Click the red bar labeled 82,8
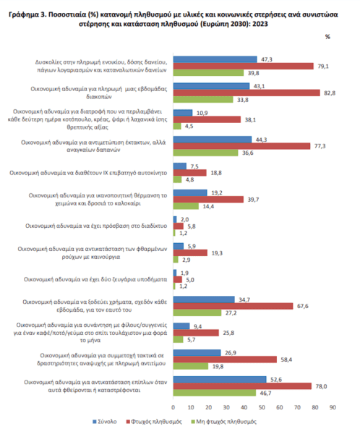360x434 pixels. pos(247,93)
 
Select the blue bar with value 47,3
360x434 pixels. pos(215,59)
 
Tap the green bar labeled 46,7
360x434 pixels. pos(215,393)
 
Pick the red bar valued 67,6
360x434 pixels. pos(233,306)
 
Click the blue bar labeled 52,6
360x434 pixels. pos(220,379)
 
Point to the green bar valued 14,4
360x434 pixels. pos(186,206)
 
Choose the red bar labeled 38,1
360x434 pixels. pos(207,119)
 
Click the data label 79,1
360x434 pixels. pos(323,67)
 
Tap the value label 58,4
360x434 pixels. pos(286,359)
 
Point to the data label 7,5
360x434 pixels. pos(194,166)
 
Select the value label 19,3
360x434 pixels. pos(217,253)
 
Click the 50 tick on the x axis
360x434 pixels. pos(262,407)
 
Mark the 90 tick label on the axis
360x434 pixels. pos(333,407)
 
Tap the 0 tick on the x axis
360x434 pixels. pos(173,407)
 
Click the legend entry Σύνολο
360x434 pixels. pos(105,422)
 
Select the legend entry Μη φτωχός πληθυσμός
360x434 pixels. pos(224,422)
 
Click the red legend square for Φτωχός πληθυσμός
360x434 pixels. pos(128,422)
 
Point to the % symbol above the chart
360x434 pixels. pos(327,37)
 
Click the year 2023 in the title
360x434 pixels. pos(260,24)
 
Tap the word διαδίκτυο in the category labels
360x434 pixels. pos(153,226)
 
